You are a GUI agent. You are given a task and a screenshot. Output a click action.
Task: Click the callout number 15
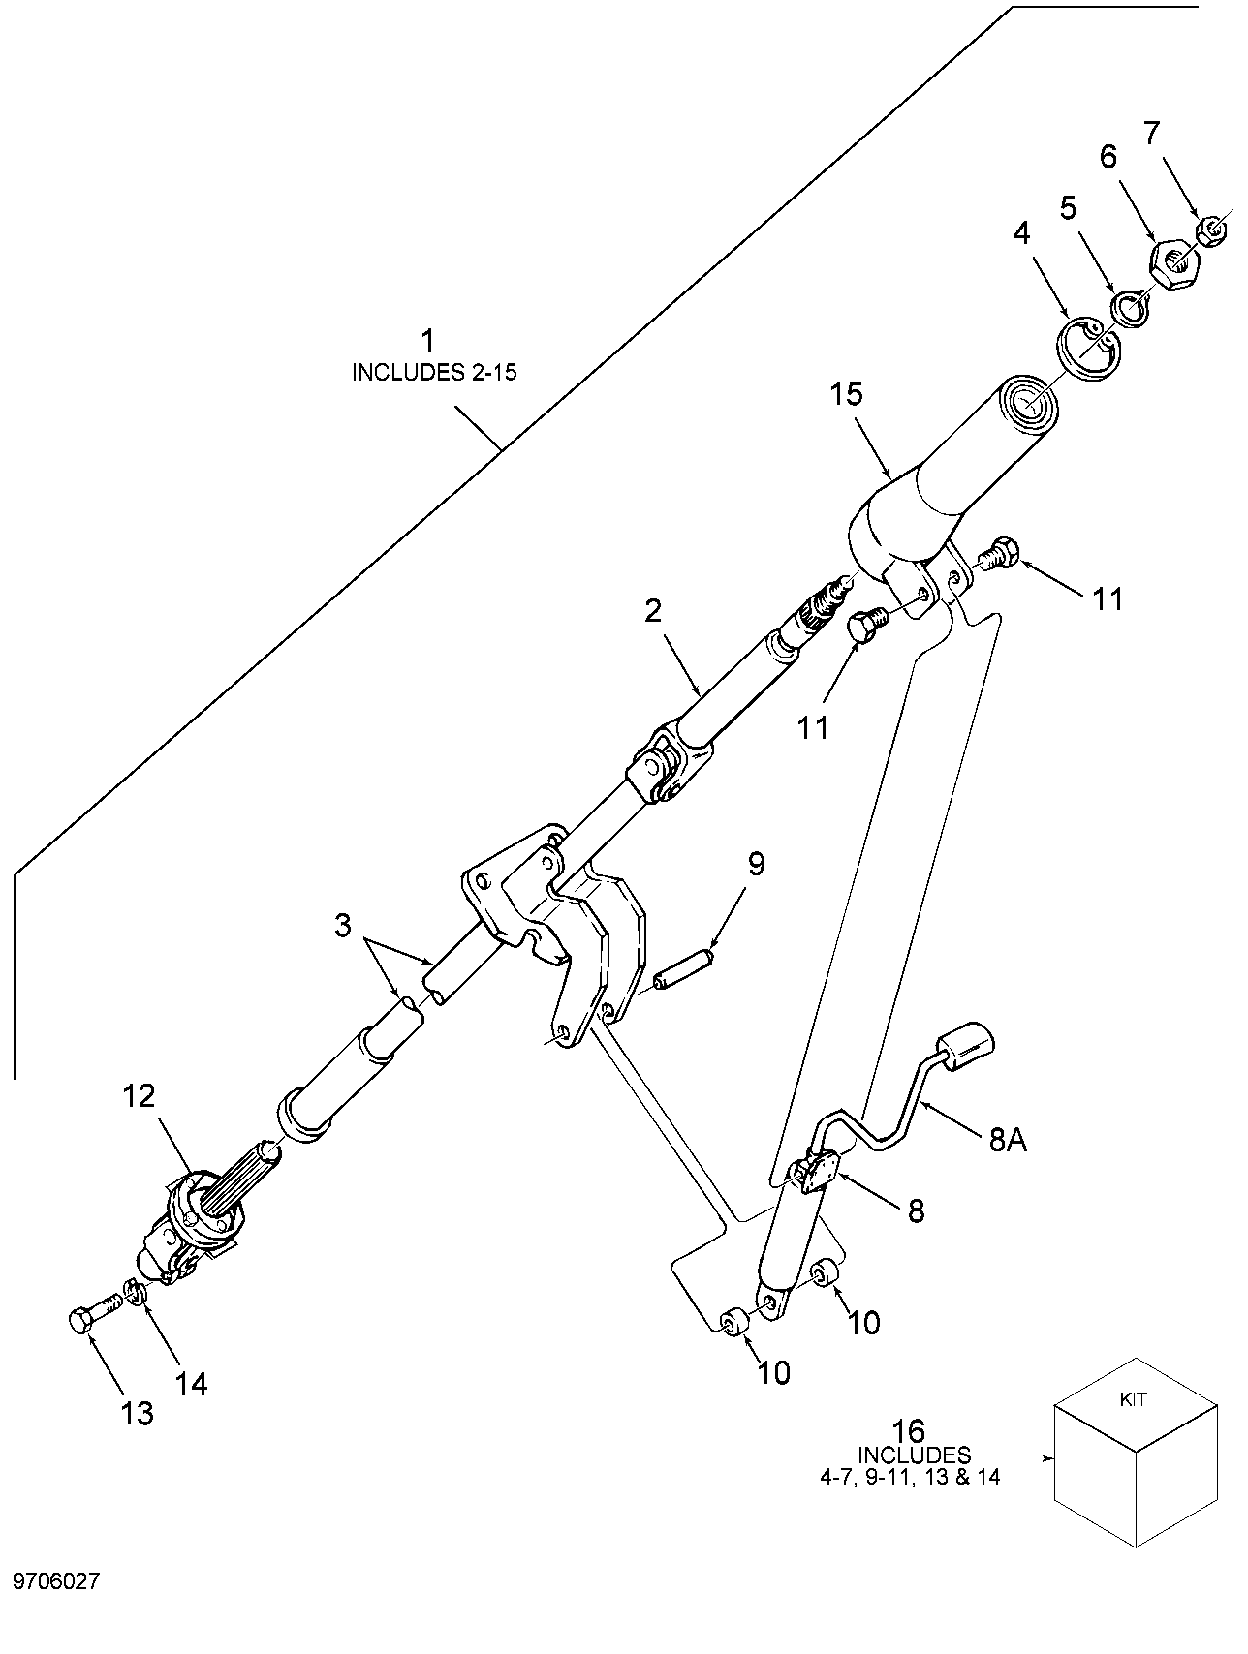[846, 395]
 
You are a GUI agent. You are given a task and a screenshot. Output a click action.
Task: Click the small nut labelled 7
[1211, 232]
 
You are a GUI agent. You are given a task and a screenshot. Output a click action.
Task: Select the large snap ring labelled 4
[1086, 348]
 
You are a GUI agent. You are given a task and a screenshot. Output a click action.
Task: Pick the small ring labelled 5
[1129, 308]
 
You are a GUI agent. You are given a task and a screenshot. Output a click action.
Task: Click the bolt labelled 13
[96, 1314]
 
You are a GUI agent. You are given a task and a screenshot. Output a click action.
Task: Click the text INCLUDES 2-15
[434, 373]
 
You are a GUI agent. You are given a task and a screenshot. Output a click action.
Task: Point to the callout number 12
[139, 1096]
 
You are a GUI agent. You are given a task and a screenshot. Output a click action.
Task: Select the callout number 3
[342, 926]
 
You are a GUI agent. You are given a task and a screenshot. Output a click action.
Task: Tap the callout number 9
[756, 863]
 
